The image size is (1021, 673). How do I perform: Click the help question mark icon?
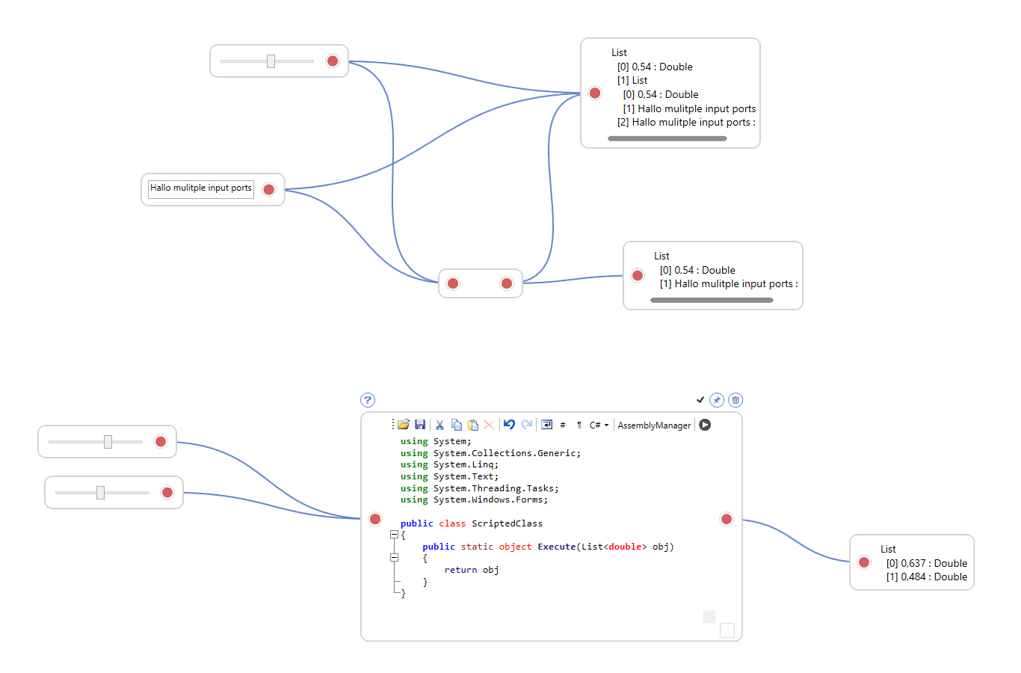click(368, 400)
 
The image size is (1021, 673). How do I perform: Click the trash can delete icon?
click(735, 400)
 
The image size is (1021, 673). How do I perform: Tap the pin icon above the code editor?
click(717, 400)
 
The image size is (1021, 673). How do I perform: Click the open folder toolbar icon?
click(404, 425)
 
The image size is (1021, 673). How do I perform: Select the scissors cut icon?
click(439, 425)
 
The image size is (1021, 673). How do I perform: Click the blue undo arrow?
click(509, 425)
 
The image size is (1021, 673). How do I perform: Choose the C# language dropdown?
click(599, 425)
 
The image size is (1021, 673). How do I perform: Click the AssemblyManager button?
click(654, 425)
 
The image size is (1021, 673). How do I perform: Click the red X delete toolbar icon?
click(489, 425)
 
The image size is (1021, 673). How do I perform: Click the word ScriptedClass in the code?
click(507, 523)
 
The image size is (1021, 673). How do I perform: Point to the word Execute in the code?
click(557, 547)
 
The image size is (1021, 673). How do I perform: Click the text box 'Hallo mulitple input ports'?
click(200, 188)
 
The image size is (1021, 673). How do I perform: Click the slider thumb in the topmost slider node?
click(271, 61)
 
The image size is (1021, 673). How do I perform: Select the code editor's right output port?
click(727, 519)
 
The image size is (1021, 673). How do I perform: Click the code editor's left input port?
click(375, 519)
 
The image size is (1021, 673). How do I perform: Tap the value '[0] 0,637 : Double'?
click(926, 563)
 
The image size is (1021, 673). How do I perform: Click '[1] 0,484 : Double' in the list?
click(926, 577)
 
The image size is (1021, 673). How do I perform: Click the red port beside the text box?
click(269, 190)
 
